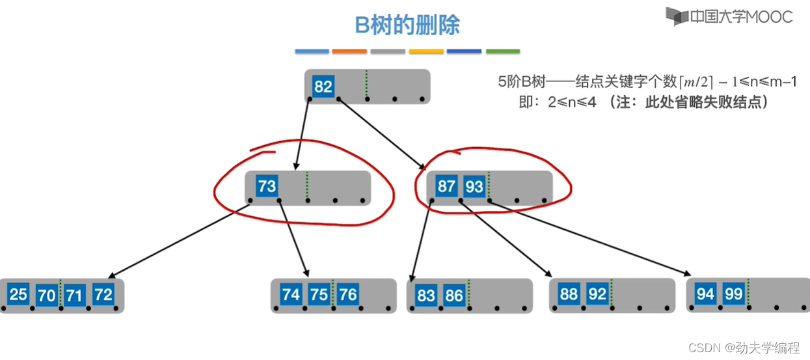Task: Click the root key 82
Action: [x=323, y=87]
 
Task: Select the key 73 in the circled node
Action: [x=267, y=187]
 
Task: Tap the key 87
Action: [x=446, y=187]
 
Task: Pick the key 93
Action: [x=474, y=187]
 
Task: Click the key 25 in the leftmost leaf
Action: [x=18, y=295]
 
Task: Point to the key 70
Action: [x=46, y=296]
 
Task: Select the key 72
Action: [x=103, y=295]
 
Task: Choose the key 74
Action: [x=291, y=295]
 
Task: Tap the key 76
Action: [x=348, y=295]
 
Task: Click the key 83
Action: [x=426, y=296]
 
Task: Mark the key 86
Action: [x=454, y=296]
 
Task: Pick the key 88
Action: [x=569, y=294]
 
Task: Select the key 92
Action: [x=597, y=294]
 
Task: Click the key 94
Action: [x=705, y=294]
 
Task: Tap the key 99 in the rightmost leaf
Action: [x=734, y=294]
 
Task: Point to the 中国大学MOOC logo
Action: [x=729, y=16]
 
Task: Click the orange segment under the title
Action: [x=349, y=51]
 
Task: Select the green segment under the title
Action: [x=503, y=51]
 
